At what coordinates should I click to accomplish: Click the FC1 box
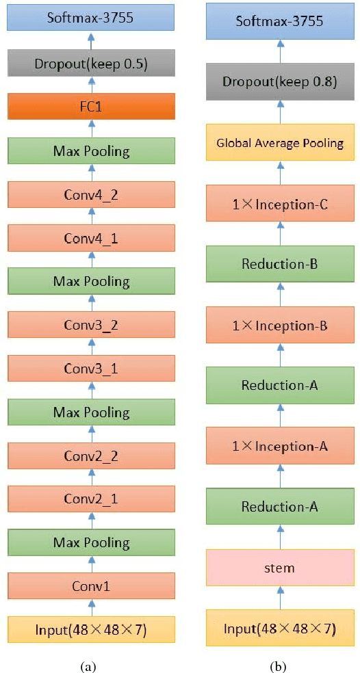click(91, 107)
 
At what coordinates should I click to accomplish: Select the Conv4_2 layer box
click(91, 194)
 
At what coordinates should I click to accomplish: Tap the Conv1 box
click(91, 585)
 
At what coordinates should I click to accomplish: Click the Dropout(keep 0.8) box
click(280, 82)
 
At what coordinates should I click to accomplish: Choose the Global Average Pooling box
click(280, 142)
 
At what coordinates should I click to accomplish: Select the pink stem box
click(280, 567)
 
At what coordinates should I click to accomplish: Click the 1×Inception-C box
click(280, 203)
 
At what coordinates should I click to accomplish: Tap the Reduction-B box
click(280, 264)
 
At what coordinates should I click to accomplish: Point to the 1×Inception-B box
click(280, 325)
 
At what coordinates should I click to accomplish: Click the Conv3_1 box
click(91, 369)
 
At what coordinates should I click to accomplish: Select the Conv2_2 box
click(91, 456)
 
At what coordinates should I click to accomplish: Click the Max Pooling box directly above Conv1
click(91, 542)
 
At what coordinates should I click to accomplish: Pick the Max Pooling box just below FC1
click(91, 150)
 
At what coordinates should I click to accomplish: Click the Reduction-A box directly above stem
click(280, 506)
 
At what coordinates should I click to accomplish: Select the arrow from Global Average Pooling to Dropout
click(280, 112)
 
